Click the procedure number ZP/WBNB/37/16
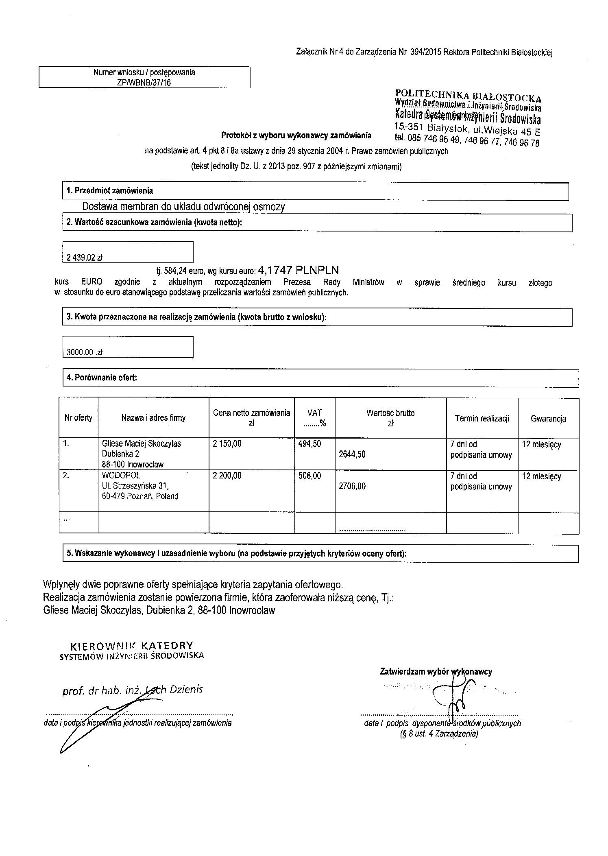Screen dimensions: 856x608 [144, 83]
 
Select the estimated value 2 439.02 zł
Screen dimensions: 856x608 [84, 258]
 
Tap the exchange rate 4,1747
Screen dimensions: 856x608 [276, 270]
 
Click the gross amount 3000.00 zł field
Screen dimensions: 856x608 [85, 352]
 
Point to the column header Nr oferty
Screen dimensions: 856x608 [78, 417]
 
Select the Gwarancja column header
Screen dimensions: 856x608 [548, 418]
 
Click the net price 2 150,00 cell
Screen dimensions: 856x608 [227, 443]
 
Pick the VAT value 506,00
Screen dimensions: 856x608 [310, 476]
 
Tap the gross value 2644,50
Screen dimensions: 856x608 [352, 454]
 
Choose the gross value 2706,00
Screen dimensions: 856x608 [352, 486]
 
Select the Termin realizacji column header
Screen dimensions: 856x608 [482, 418]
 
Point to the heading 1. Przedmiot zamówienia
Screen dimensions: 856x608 [110, 190]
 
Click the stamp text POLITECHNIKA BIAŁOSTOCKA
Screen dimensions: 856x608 [468, 96]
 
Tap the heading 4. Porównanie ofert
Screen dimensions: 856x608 [102, 378]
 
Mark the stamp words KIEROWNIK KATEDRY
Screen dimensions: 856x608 [132, 646]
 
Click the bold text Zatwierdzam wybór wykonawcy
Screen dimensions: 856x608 [436, 671]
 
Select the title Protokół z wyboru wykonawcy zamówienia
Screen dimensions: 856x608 [296, 135]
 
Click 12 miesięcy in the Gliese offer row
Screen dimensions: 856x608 [541, 444]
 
